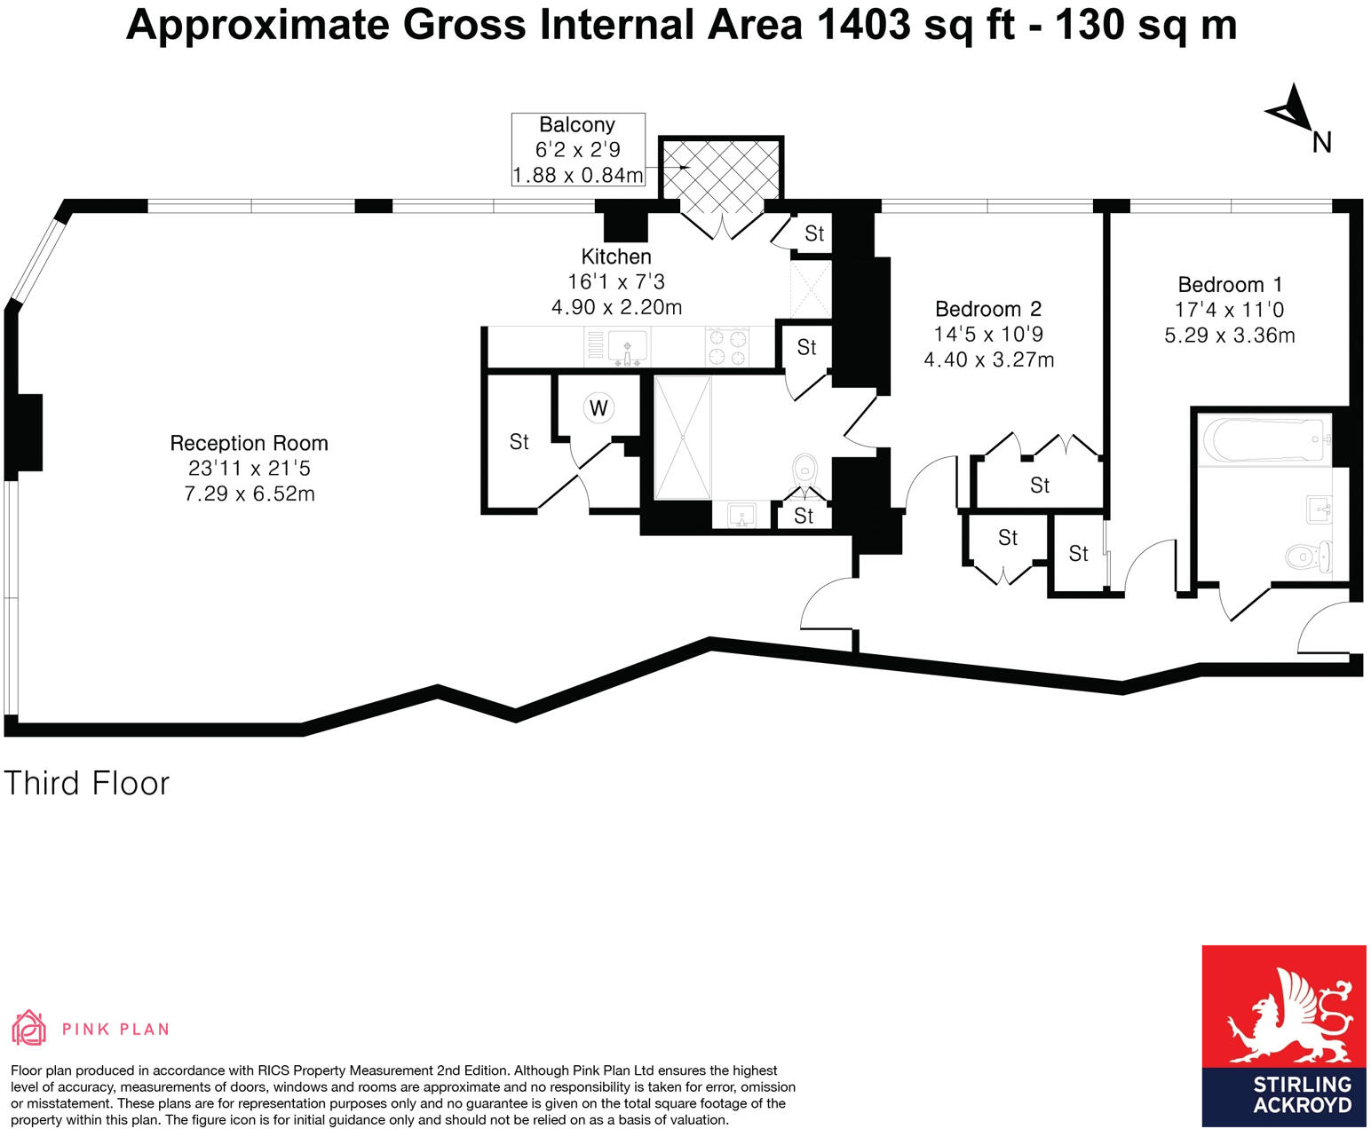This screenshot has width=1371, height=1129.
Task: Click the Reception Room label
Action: pyautogui.click(x=249, y=443)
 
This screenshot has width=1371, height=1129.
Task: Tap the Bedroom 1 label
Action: pyautogui.click(x=1230, y=284)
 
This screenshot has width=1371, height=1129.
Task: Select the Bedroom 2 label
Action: pyautogui.click(x=988, y=309)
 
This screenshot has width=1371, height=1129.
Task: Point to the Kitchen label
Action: pyautogui.click(x=616, y=256)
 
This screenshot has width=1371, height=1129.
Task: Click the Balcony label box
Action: pyautogui.click(x=578, y=150)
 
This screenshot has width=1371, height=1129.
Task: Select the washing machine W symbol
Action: pyautogui.click(x=598, y=407)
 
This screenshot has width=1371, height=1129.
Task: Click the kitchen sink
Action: pyautogui.click(x=627, y=346)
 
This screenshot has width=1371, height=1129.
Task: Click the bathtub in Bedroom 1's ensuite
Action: pyautogui.click(x=1264, y=439)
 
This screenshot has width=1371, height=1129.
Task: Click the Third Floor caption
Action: pyautogui.click(x=87, y=783)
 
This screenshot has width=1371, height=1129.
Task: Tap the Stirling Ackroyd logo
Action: pyautogui.click(x=1284, y=1035)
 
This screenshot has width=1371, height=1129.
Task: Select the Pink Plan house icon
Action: pyautogui.click(x=29, y=1027)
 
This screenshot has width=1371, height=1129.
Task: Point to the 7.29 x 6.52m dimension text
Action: pyautogui.click(x=249, y=493)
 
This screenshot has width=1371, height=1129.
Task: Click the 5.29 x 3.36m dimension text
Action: pyautogui.click(x=1230, y=336)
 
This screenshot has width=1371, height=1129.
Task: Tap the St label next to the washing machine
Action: pyautogui.click(x=519, y=442)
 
